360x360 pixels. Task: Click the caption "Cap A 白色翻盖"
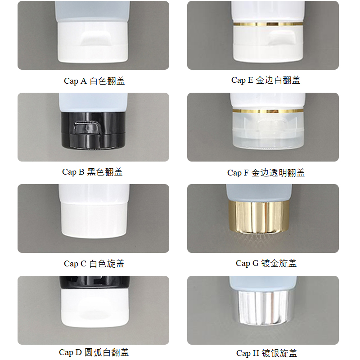click(94, 81)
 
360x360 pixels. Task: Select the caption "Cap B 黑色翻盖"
click(92, 172)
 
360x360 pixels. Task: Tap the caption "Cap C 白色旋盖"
click(94, 264)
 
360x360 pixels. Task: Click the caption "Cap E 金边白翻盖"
click(265, 80)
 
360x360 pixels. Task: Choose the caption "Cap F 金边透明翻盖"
click(265, 173)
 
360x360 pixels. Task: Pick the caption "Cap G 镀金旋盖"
click(266, 263)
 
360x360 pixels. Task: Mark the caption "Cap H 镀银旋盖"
click(266, 353)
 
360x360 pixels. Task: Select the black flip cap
click(94, 130)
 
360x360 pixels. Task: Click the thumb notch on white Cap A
click(94, 41)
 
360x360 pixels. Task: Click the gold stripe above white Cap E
click(268, 24)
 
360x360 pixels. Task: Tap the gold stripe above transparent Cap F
click(267, 111)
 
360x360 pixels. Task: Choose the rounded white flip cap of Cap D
click(94, 310)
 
